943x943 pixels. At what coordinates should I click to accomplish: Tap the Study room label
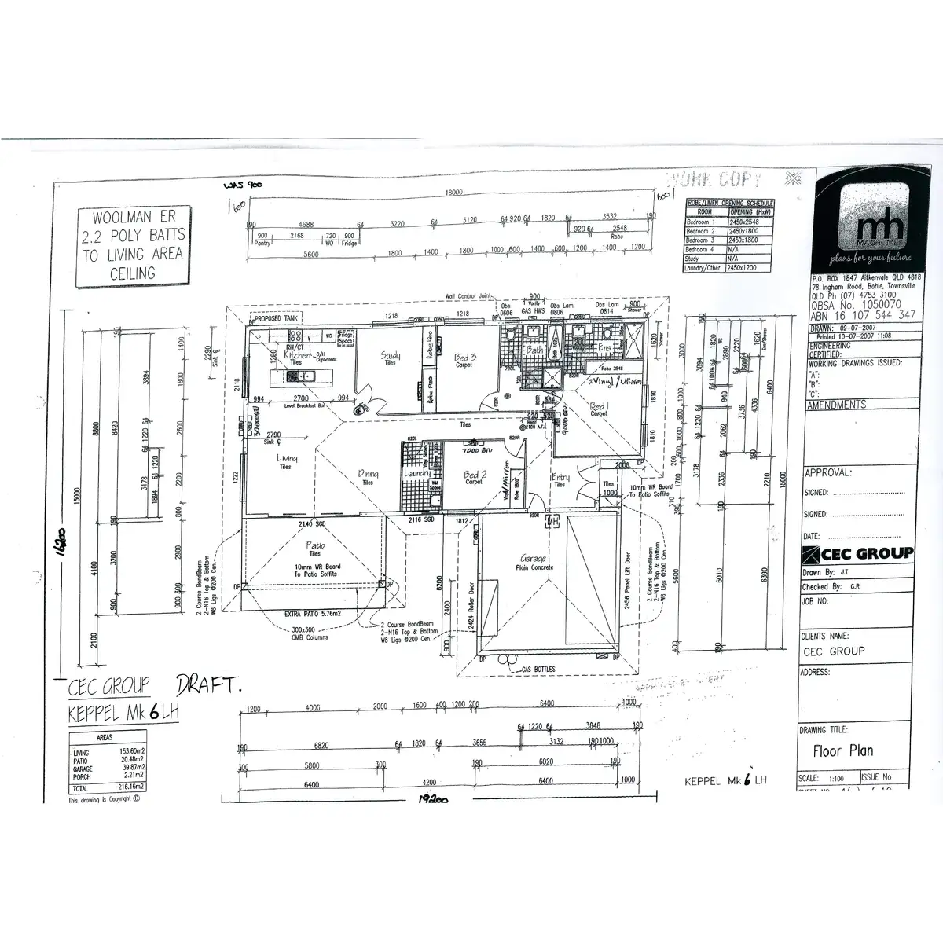pyautogui.click(x=391, y=357)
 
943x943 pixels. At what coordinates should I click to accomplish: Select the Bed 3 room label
pyautogui.click(x=466, y=358)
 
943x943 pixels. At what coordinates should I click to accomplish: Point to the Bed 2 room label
pyautogui.click(x=475, y=475)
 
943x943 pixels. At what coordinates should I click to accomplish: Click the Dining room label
pyautogui.click(x=368, y=474)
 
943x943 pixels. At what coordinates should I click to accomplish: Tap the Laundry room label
pyautogui.click(x=416, y=474)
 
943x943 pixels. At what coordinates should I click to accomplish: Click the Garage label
pyautogui.click(x=534, y=560)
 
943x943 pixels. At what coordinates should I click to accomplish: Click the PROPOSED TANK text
pyautogui.click(x=274, y=320)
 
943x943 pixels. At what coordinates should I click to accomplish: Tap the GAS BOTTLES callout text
pyautogui.click(x=538, y=670)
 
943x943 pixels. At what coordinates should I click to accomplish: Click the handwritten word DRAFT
pyautogui.click(x=209, y=685)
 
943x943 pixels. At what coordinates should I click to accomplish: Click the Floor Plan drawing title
pyautogui.click(x=843, y=750)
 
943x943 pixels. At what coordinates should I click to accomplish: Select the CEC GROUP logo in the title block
pyautogui.click(x=857, y=553)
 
